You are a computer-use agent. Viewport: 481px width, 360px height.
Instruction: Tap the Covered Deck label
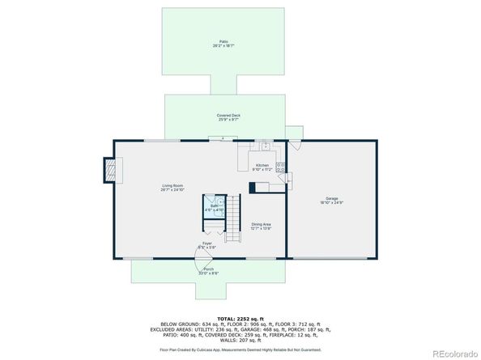228,117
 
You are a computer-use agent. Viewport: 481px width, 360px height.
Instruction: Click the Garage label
331,199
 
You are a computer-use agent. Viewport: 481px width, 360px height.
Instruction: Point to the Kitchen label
262,167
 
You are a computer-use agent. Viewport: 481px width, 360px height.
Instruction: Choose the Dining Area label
261,226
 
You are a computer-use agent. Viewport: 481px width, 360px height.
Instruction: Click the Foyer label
207,244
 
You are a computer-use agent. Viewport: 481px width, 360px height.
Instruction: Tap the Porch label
208,270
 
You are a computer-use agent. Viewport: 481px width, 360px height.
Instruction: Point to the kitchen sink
265,146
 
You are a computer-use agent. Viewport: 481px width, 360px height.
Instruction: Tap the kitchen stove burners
281,167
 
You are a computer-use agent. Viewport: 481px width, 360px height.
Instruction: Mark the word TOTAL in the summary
220,319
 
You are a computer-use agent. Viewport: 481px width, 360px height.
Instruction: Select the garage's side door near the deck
296,145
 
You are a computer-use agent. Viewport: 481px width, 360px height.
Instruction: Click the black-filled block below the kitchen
258,188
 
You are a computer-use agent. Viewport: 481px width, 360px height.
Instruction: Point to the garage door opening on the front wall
333,259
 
